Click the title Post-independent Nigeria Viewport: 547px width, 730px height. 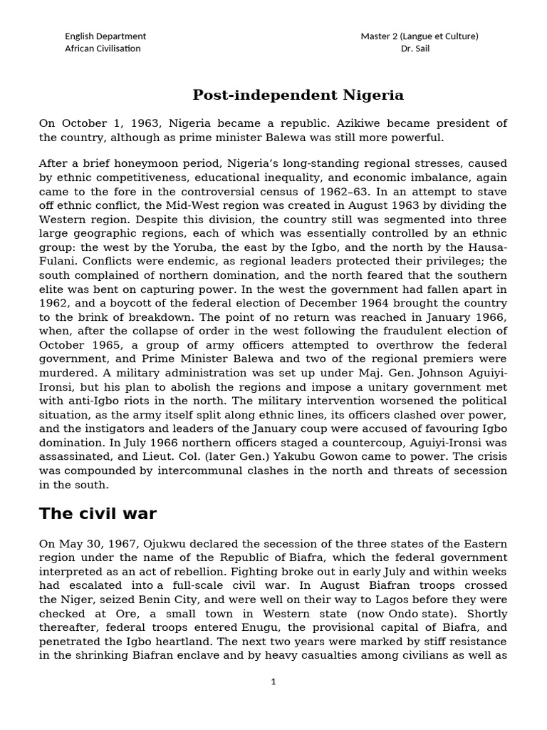[298, 95]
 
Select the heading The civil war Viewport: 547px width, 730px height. [98, 513]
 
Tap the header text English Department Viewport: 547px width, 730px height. [105, 36]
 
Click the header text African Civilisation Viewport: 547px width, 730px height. [103, 48]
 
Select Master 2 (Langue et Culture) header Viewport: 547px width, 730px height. [419, 36]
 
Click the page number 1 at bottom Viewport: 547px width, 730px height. [273, 682]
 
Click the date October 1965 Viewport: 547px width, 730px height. [71, 345]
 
